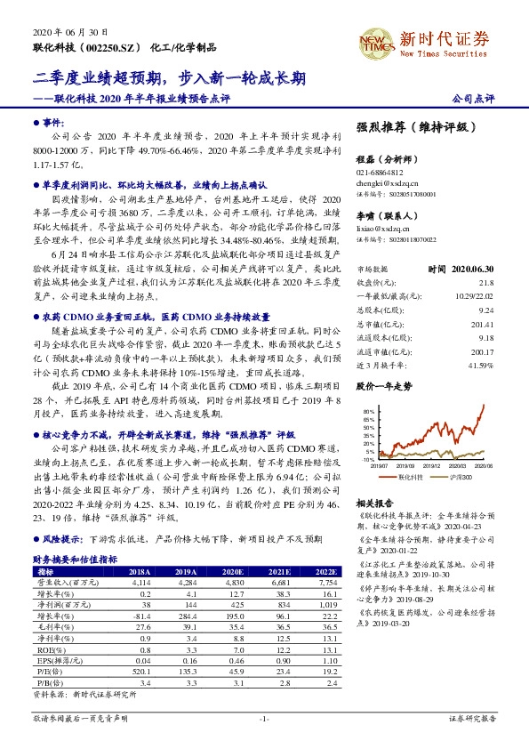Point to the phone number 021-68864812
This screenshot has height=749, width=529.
tap(380, 173)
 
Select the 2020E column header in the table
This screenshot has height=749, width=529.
tap(235, 571)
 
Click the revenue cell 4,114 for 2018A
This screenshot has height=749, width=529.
tap(141, 581)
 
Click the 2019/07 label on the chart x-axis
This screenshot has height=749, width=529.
tap(380, 464)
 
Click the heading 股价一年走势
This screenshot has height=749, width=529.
tap(384, 363)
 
